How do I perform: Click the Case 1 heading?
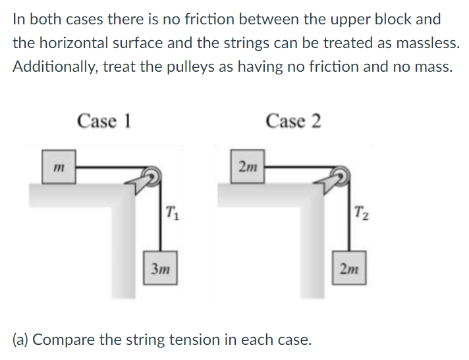[x=104, y=121]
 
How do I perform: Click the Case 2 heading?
[x=294, y=121]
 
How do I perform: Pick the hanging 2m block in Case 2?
[x=350, y=269]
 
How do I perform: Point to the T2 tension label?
[x=361, y=213]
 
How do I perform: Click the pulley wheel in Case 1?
[x=152, y=174]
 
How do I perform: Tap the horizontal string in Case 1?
[x=109, y=168]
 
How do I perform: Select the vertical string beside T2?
[x=350, y=217]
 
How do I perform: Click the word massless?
[x=425, y=43]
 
